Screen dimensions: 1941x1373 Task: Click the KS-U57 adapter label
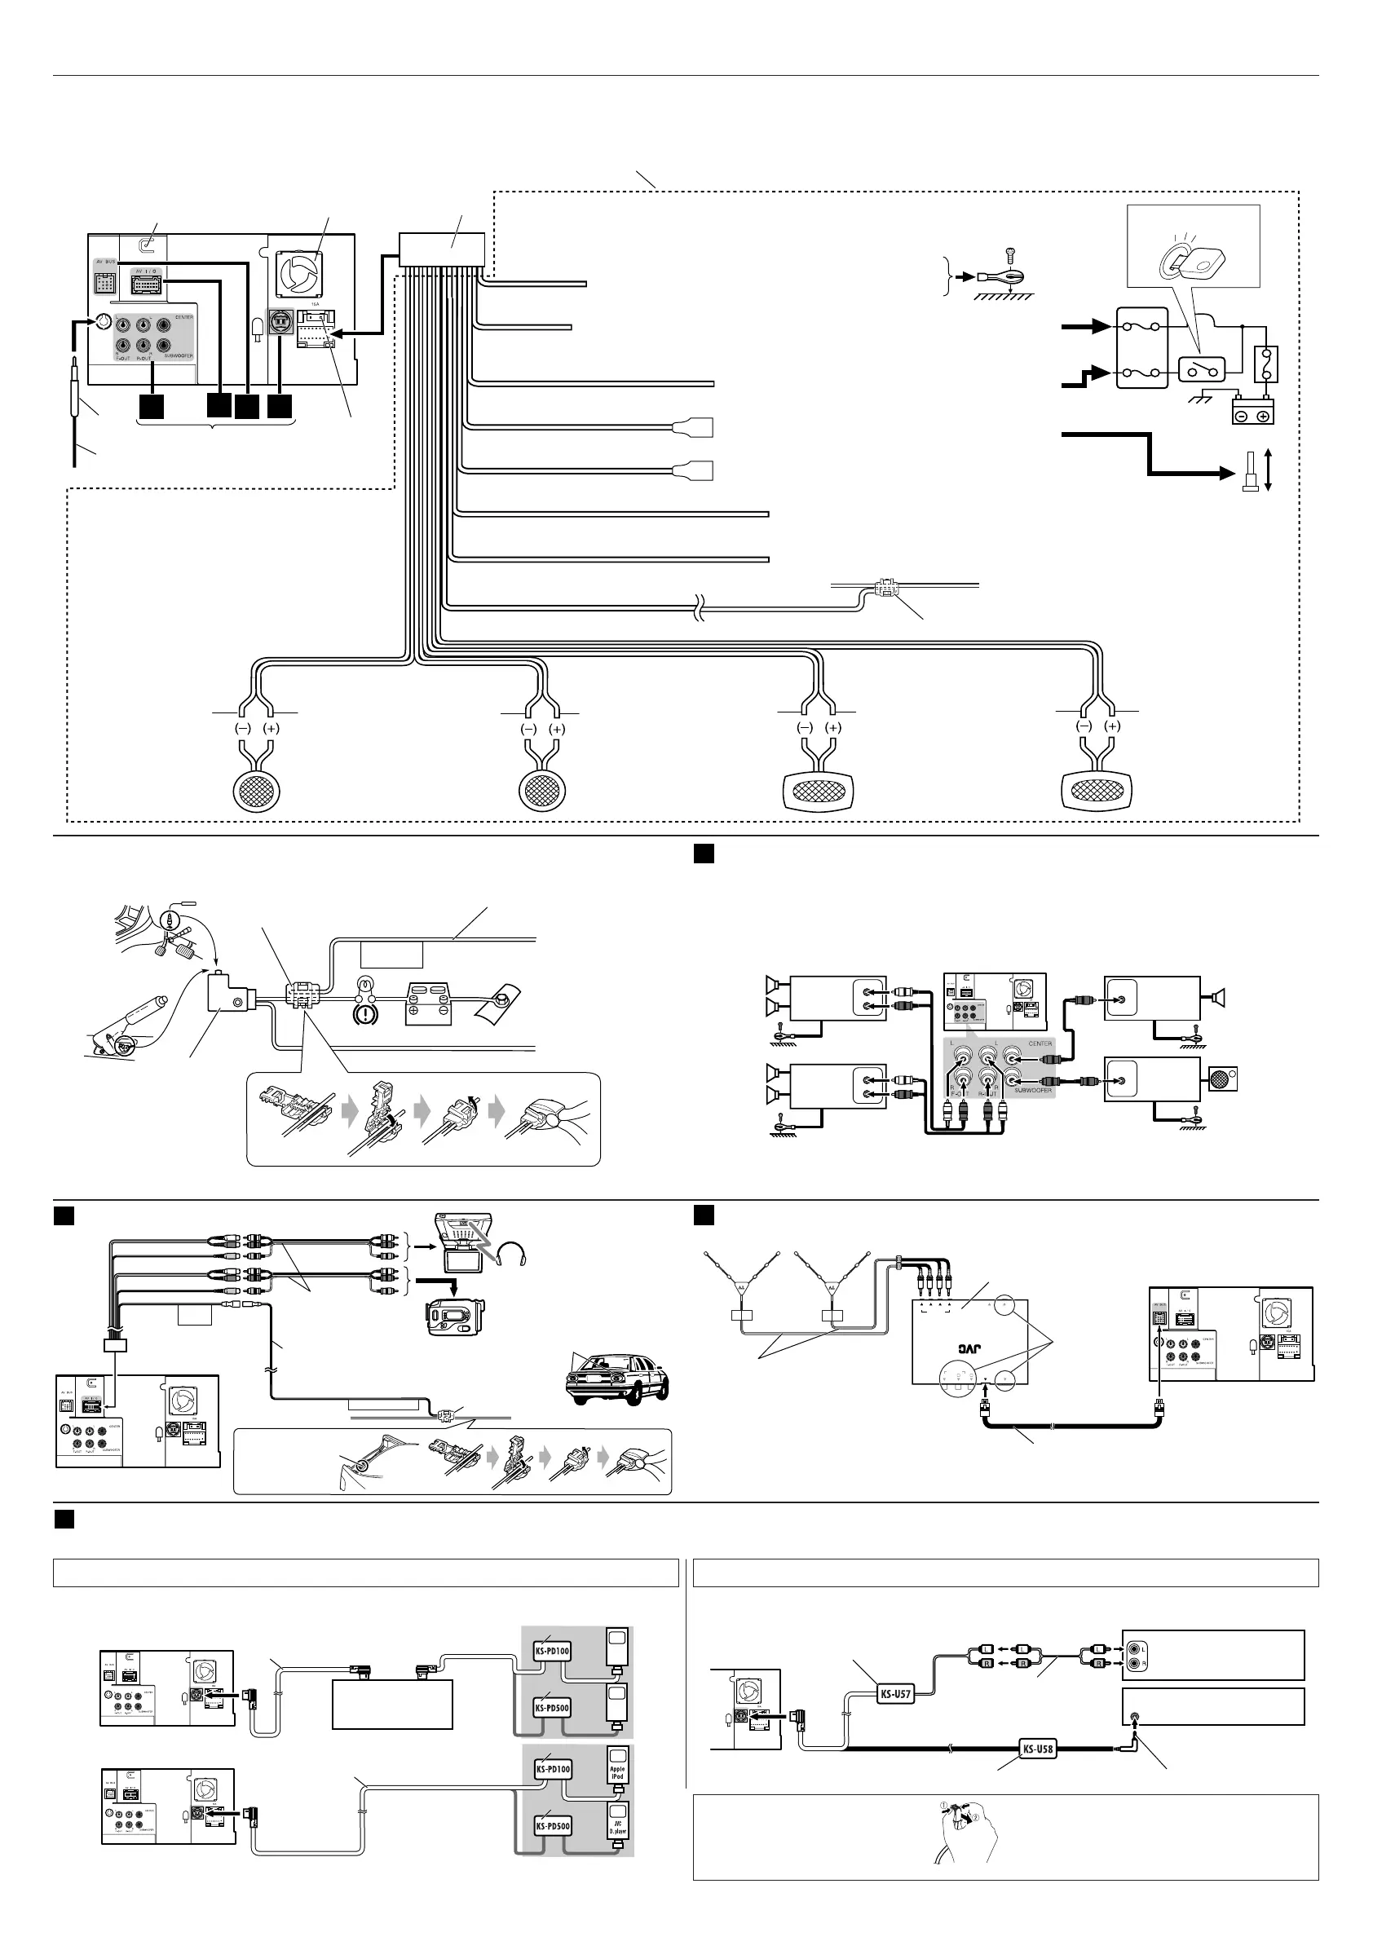click(895, 1693)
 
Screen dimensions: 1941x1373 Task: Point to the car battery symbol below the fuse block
click(1252, 411)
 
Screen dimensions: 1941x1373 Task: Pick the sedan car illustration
click(616, 1378)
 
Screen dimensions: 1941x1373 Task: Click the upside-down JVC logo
click(969, 1350)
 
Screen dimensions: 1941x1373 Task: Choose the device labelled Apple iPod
click(617, 1774)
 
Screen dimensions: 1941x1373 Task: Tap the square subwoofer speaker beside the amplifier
click(1221, 1079)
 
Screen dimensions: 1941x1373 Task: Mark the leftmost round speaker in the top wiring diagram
click(255, 790)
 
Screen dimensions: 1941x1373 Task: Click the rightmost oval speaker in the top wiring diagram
click(1097, 790)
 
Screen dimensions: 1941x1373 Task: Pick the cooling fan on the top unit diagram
click(298, 271)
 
